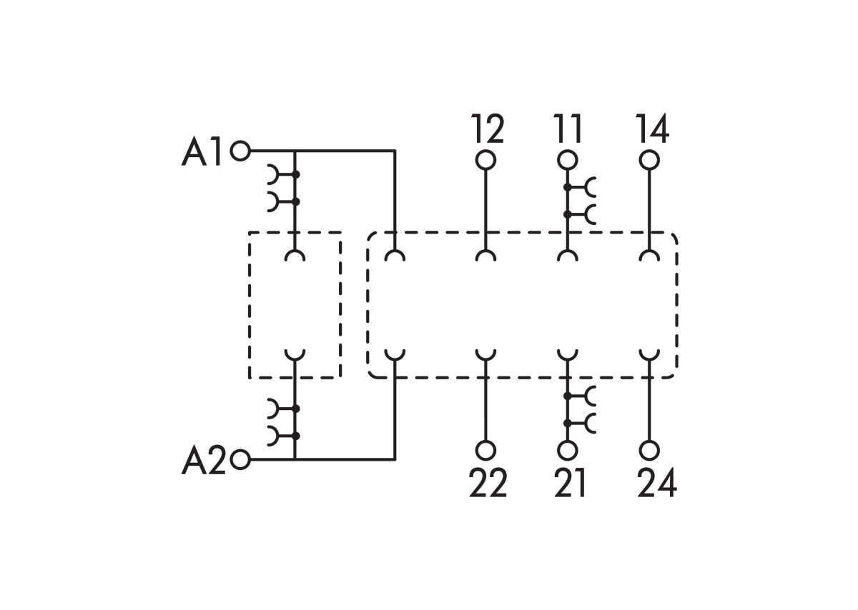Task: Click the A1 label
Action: [x=201, y=151]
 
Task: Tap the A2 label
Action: [x=203, y=461]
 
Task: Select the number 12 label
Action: [x=487, y=129]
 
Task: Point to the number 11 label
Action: [x=568, y=129]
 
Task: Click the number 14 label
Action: [x=652, y=129]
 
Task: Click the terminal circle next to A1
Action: [x=240, y=151]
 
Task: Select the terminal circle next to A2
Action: [x=240, y=459]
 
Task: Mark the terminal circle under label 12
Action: [x=485, y=160]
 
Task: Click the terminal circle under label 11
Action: [x=568, y=160]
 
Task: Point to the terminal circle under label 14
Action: [x=650, y=160]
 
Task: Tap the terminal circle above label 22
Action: [x=485, y=451]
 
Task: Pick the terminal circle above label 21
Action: [x=568, y=451]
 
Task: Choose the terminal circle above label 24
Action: [x=650, y=451]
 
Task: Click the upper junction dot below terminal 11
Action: [x=568, y=188]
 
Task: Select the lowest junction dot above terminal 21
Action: [x=568, y=424]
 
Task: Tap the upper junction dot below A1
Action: [x=295, y=175]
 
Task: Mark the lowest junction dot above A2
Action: [x=295, y=436]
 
